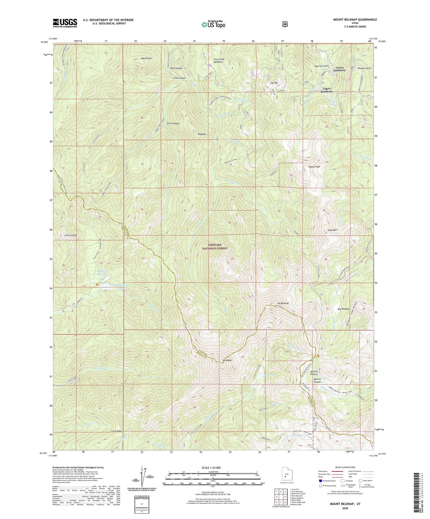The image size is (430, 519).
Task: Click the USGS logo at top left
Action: point(65,23)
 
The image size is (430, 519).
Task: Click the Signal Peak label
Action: point(314,167)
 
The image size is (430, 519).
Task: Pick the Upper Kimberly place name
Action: point(327,90)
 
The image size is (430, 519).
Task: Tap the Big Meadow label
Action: point(344,309)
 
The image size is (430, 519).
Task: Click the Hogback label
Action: point(202,134)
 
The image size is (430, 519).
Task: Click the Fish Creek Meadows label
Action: point(219,61)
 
